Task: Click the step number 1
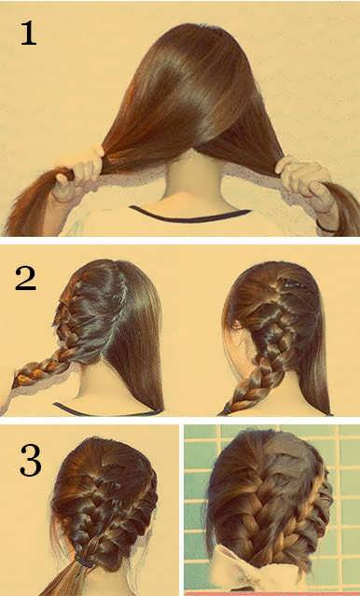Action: (29, 34)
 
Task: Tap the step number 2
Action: (26, 279)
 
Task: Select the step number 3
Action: (31, 460)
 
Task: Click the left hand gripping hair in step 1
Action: (77, 173)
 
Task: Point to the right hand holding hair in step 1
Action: (304, 179)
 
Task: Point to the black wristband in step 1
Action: (326, 229)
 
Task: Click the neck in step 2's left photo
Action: (95, 384)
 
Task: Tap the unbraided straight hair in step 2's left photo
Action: (137, 335)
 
